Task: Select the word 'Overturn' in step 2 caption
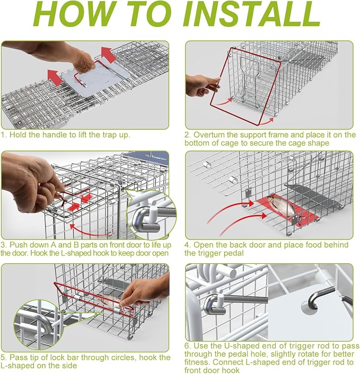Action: (x=210, y=135)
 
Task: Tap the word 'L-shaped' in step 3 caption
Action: (x=77, y=253)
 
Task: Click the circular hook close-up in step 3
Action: (x=151, y=213)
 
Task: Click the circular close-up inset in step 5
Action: (x=38, y=325)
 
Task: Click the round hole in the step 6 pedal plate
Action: (x=309, y=308)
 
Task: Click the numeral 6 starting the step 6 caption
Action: (x=187, y=346)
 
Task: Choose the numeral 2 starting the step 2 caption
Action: (x=187, y=135)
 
